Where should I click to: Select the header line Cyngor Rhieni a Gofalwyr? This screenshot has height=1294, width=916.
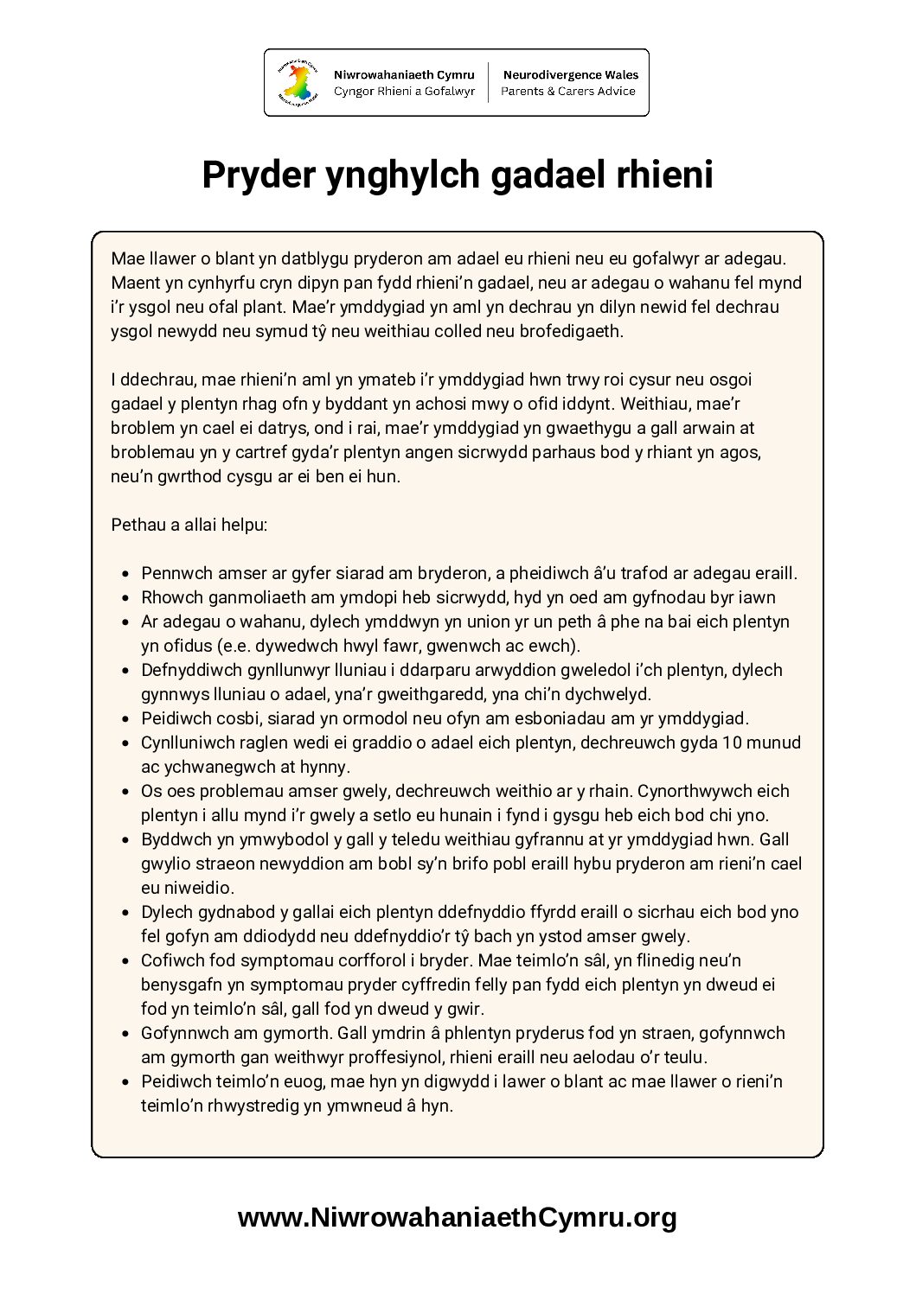pos(404,92)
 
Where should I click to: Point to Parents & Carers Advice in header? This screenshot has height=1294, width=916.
pos(568,92)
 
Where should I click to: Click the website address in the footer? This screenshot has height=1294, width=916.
pos(458,1217)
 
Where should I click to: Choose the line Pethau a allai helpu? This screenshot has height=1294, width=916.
pos(189,525)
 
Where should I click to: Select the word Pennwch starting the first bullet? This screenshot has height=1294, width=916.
pos(177,573)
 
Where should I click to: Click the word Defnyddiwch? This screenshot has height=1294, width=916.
pos(188,670)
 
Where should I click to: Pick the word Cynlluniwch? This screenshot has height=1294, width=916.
pos(188,743)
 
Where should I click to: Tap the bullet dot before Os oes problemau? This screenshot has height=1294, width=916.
pos(126,792)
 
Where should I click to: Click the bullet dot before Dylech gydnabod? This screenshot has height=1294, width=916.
pos(126,913)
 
